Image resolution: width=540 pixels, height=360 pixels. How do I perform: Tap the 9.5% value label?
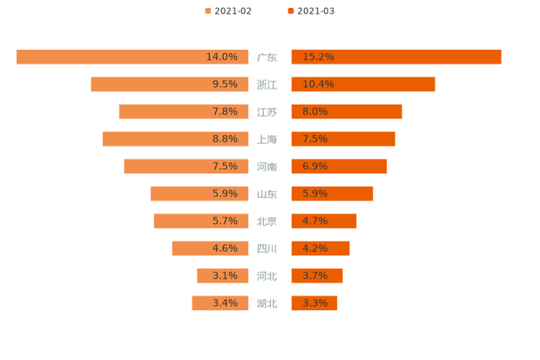point(225,85)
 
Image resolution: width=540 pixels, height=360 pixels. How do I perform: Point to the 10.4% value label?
point(318,85)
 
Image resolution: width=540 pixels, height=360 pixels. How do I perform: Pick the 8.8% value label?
point(225,139)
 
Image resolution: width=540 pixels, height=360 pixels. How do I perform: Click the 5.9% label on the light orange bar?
point(225,194)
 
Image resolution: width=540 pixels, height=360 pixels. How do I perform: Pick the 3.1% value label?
point(225,275)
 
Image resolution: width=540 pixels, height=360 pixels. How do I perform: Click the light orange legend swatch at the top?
point(207,10)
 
